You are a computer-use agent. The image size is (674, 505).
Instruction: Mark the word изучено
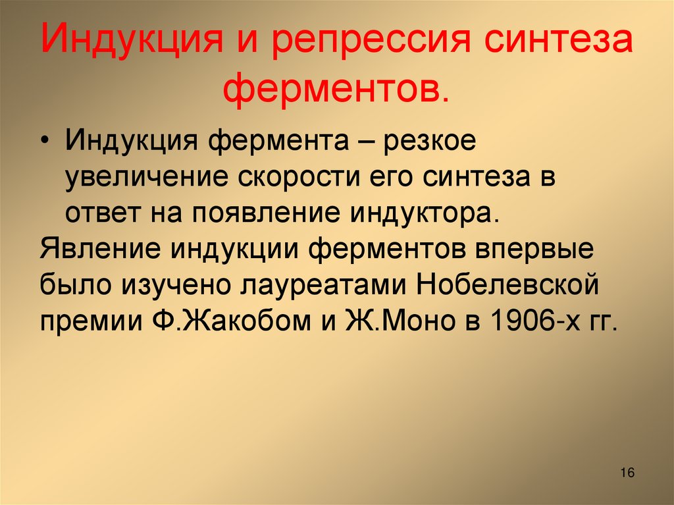click(167, 287)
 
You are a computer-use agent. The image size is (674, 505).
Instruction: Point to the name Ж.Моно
click(407, 323)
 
